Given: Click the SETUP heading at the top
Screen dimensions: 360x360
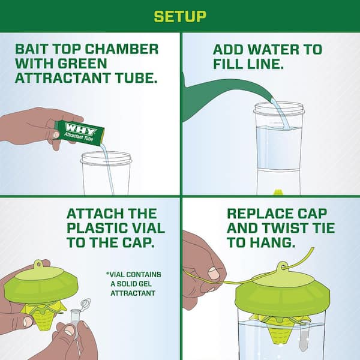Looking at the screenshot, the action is [180, 17].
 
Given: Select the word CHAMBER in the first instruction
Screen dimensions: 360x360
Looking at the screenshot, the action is [122, 49].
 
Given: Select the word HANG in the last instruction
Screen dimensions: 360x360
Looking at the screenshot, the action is [272, 242].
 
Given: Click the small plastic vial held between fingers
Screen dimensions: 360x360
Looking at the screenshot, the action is [74, 316].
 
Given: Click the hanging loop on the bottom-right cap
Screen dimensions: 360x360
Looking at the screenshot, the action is [283, 267].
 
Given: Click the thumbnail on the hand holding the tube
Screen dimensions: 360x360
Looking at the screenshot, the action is [56, 134].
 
